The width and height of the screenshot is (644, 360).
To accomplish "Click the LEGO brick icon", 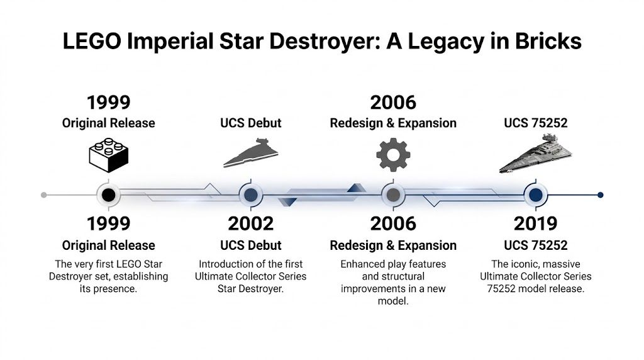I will pyautogui.click(x=108, y=154).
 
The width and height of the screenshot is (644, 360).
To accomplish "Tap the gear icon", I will pyautogui.click(x=393, y=155).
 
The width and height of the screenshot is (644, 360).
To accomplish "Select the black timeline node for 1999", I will pyautogui.click(x=108, y=195).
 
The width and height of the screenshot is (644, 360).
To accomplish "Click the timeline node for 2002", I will pyautogui.click(x=250, y=195).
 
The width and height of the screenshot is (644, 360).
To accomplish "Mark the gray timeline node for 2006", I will pyautogui.click(x=393, y=195).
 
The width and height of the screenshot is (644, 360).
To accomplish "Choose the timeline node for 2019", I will pyautogui.click(x=535, y=195).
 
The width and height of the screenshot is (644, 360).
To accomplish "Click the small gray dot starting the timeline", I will pyautogui.click(x=43, y=195).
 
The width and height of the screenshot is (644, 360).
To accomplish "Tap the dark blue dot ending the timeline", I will pyautogui.click(x=601, y=195).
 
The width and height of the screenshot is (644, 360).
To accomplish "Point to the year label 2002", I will pyautogui.click(x=250, y=223).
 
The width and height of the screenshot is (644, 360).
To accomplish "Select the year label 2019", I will pyautogui.click(x=535, y=223).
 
